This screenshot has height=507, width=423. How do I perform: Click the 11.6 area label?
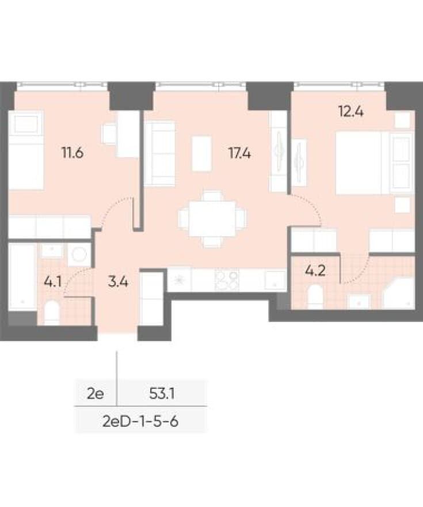[x=73, y=152]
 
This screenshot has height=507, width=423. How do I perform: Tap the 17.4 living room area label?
[x=239, y=153]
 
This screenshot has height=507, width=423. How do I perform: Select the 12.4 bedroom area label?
[x=351, y=112]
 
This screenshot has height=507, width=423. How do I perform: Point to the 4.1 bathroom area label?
[x=52, y=282]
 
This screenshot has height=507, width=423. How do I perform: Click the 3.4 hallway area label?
[x=118, y=282]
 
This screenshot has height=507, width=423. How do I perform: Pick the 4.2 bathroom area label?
[x=315, y=271]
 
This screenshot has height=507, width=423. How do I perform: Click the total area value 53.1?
[x=162, y=394]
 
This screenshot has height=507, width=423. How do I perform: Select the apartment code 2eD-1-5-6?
[x=140, y=422]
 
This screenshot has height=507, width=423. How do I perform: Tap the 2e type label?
[x=96, y=394]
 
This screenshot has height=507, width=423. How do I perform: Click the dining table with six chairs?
[x=212, y=220]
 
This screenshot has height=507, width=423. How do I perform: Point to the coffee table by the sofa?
[x=202, y=153]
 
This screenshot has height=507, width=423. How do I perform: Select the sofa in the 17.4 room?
[x=160, y=153]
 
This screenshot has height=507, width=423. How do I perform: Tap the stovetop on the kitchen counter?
[x=227, y=279]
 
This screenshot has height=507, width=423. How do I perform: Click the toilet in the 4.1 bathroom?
[x=52, y=312]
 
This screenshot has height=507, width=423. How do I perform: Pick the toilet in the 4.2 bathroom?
[x=315, y=297]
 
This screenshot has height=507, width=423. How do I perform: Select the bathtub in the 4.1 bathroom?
[x=22, y=277]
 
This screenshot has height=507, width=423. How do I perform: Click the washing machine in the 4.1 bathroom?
[x=79, y=254]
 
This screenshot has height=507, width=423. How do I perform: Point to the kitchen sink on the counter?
[x=275, y=279]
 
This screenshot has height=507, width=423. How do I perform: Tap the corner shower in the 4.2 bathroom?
[x=398, y=294]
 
